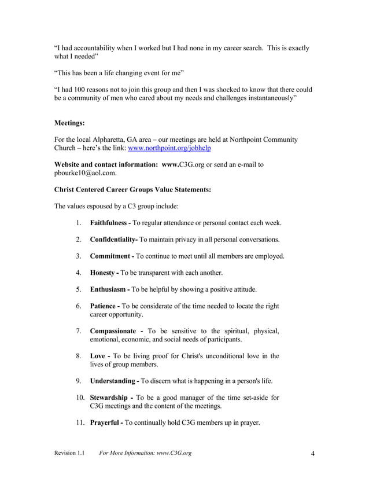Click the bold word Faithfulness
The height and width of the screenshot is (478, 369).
(x=110, y=223)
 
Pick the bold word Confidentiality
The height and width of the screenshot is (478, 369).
(x=112, y=240)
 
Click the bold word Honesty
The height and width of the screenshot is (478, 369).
(x=102, y=273)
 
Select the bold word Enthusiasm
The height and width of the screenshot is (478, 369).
(x=109, y=289)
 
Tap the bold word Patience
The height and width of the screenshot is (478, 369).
(x=103, y=306)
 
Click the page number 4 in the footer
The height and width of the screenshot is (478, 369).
(x=312, y=453)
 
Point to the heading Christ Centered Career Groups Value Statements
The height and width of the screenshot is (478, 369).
(x=132, y=189)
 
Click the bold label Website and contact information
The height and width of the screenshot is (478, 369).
(x=106, y=165)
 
